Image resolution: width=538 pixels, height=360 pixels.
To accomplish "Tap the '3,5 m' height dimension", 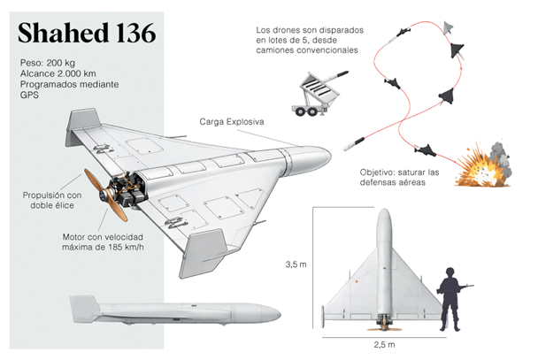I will [x=296, y=264].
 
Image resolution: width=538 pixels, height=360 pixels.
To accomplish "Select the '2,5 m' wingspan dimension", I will [x=383, y=343].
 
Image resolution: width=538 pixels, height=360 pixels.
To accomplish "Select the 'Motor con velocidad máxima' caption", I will [x=103, y=244].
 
